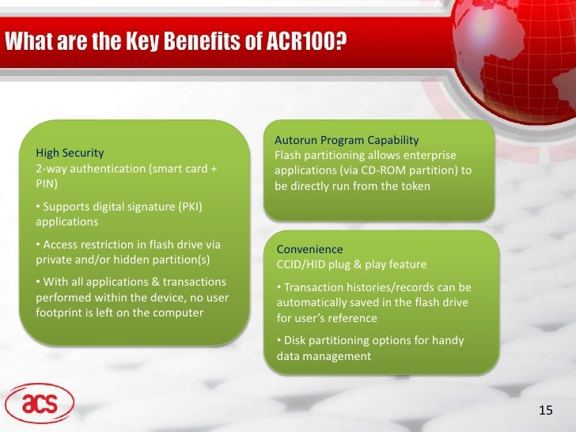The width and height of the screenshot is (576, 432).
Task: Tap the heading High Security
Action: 70,153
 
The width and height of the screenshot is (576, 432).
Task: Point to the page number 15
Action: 545,409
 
